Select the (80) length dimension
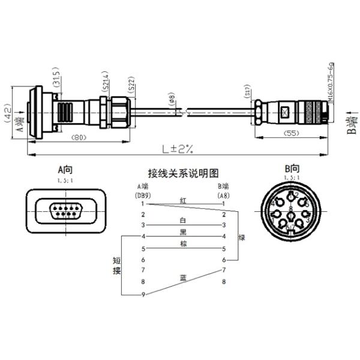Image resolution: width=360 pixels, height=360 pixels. tap(77, 138)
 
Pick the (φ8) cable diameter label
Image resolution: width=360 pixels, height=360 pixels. tap(171, 98)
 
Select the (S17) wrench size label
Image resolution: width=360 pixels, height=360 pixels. tap(248, 92)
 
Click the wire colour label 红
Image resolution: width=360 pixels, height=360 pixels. tap(183, 199)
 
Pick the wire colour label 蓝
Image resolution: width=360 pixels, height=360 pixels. tap(183, 277)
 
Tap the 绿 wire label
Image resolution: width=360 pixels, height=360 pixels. tap(242, 238)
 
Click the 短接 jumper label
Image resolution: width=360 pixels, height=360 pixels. tap(116, 266)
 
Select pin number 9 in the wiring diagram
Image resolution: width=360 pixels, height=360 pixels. tap(143, 294)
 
